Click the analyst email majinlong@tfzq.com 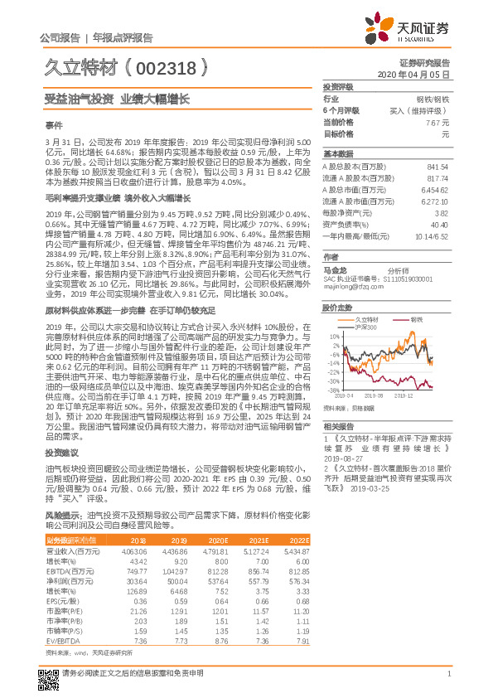click(350, 288)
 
